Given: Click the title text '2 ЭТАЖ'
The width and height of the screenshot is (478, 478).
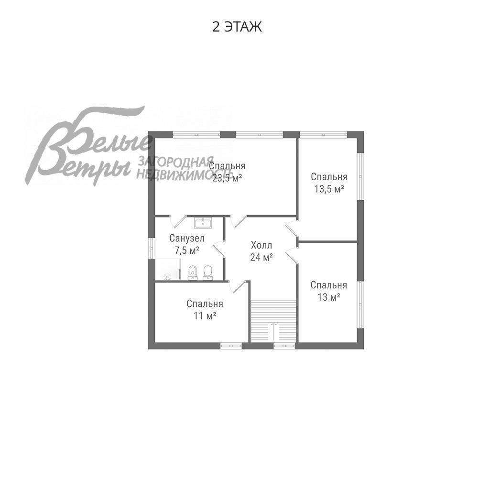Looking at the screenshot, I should [x=237, y=27].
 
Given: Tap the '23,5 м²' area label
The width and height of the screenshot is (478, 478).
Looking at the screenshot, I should [x=227, y=177].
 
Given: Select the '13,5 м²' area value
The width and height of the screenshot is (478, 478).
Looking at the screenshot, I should [x=329, y=188].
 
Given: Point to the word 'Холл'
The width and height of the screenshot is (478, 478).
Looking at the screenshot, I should [x=261, y=245].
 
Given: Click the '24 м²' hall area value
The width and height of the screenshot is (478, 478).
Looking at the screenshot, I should [x=261, y=257].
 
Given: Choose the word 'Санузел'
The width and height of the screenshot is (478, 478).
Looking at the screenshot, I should [x=187, y=238].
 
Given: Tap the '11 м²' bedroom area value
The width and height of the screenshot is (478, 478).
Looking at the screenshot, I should [x=204, y=315].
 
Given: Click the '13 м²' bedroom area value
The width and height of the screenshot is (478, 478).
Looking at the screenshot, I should [x=328, y=297].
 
